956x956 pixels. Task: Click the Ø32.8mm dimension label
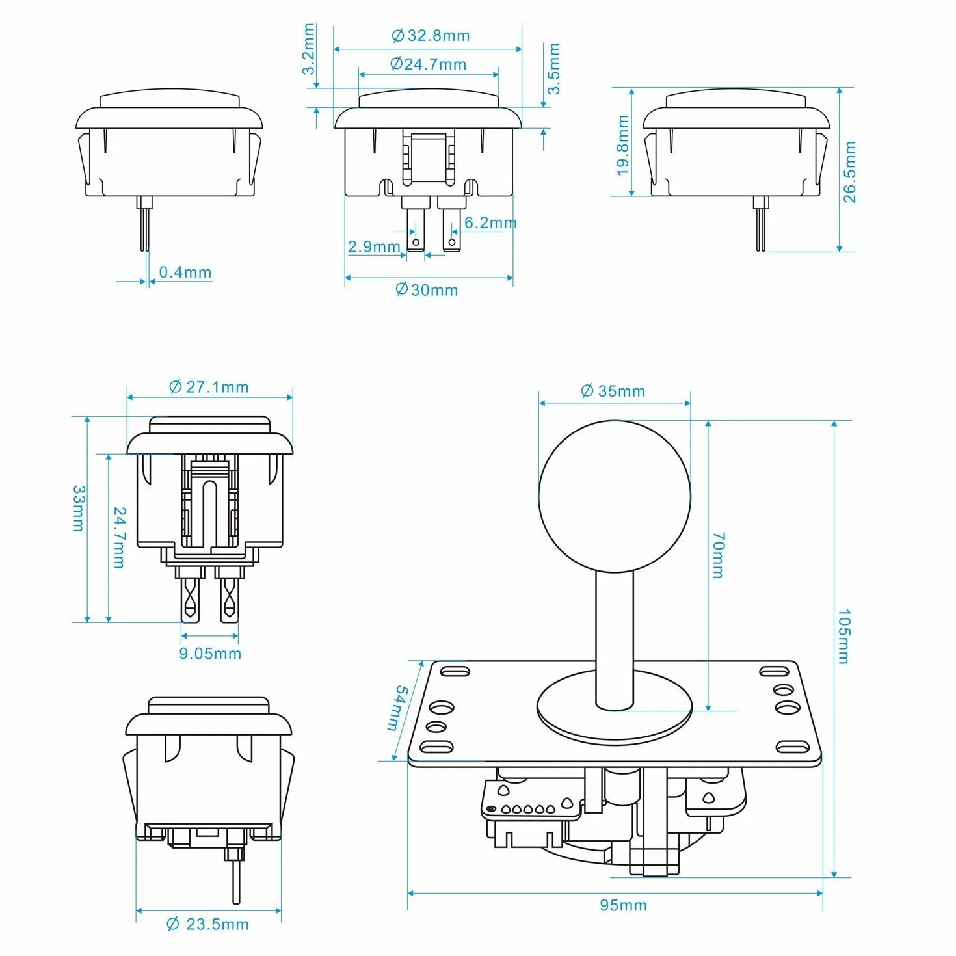[x=430, y=36]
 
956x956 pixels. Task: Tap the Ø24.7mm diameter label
[x=428, y=64]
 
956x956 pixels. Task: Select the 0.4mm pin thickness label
[x=185, y=272]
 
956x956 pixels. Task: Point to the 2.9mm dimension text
[x=373, y=246]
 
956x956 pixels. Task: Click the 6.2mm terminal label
[x=490, y=223]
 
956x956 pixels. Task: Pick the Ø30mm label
[x=427, y=290]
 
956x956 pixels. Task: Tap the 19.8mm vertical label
[x=622, y=146]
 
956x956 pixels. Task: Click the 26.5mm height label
[x=849, y=172]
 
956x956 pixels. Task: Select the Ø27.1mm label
[x=209, y=387]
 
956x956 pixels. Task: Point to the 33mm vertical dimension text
[x=79, y=509]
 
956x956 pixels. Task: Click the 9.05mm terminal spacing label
[x=210, y=654]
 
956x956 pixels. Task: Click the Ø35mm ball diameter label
[x=613, y=391]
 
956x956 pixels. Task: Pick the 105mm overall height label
[x=844, y=637]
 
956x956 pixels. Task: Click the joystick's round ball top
[x=614, y=497]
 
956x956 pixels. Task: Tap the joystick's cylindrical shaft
[x=614, y=640]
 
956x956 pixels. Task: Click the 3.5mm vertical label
[x=553, y=68]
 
